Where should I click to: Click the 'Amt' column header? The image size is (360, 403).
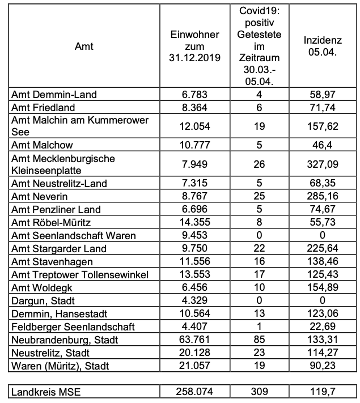point(84,47)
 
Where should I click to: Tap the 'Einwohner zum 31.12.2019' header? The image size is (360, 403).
point(195,47)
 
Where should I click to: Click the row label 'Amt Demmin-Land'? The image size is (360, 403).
point(54,95)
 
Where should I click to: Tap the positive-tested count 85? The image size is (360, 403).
point(259,340)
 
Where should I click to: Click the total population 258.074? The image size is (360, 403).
point(195,391)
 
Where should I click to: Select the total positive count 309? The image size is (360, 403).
point(259,391)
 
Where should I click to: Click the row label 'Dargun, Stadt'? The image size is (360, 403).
point(43,300)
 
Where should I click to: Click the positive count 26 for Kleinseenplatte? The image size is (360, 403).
point(259,164)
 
